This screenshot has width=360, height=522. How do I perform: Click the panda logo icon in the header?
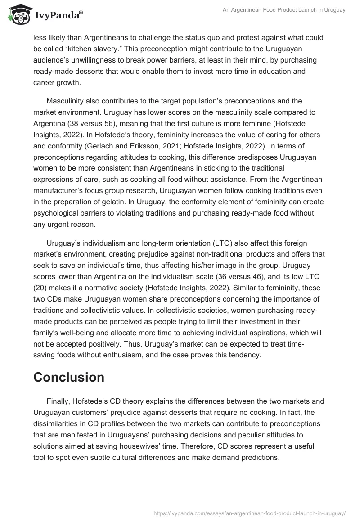click(x=18, y=14)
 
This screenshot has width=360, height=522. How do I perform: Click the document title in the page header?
click(x=284, y=10)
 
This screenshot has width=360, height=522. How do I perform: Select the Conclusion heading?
click(x=69, y=377)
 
